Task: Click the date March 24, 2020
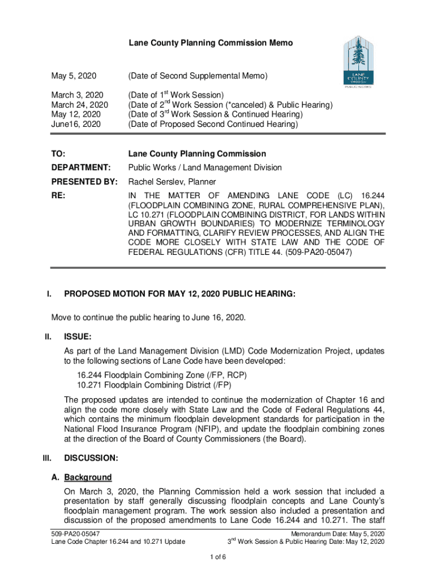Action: click(x=80, y=105)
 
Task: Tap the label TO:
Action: click(x=58, y=154)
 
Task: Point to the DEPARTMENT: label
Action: click(x=80, y=168)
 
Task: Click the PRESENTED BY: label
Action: click(x=84, y=182)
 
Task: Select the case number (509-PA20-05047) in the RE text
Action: click(x=318, y=254)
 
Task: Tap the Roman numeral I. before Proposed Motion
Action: click(x=50, y=294)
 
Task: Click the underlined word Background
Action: click(x=88, y=477)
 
